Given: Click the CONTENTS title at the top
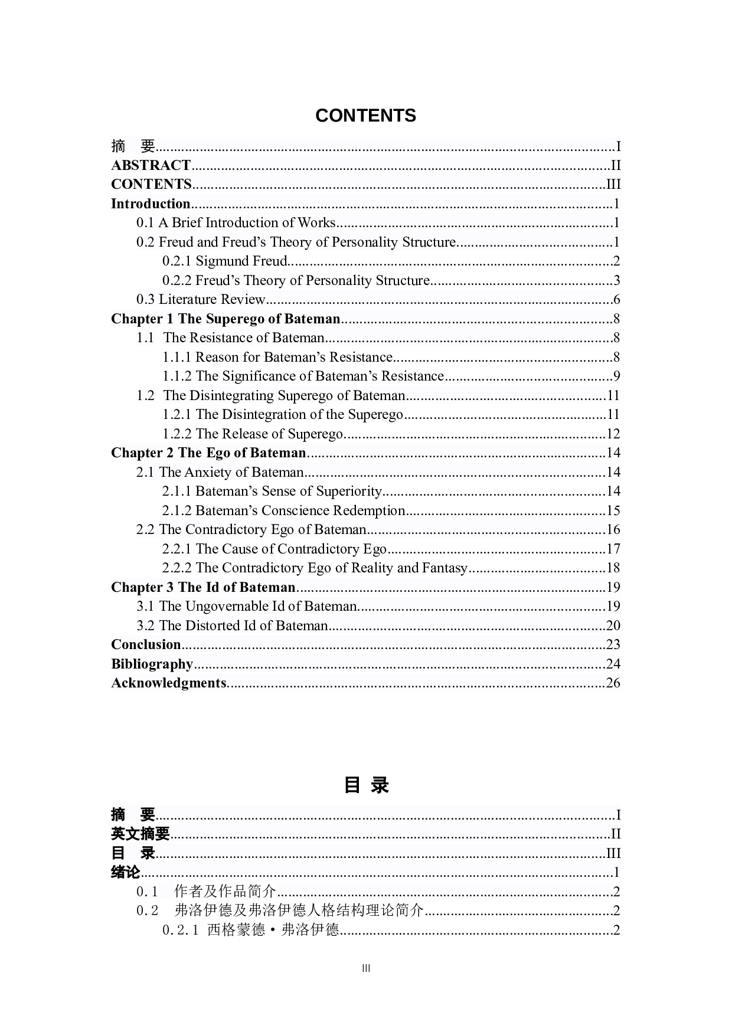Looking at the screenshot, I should click(x=365, y=116).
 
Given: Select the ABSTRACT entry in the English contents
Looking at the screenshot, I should click(x=151, y=165).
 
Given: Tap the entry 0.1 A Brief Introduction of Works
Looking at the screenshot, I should click(x=236, y=222).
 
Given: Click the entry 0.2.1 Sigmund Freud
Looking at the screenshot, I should click(x=225, y=261).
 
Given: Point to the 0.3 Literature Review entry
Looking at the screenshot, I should click(x=201, y=299).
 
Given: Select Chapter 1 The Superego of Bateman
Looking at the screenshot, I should click(x=226, y=319).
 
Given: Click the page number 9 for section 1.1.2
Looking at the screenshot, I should click(x=616, y=376).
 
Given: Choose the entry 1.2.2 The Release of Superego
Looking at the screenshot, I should click(x=253, y=434).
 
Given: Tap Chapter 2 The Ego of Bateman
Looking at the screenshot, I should click(x=208, y=453).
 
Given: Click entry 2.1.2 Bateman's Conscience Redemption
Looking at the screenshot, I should click(x=284, y=510).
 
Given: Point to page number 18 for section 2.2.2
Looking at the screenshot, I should click(x=613, y=568).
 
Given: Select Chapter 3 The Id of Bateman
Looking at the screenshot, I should click(x=203, y=587).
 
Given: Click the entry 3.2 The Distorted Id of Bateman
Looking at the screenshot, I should click(x=232, y=625).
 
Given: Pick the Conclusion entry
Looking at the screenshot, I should click(x=146, y=644).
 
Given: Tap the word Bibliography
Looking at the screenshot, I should click(x=152, y=664).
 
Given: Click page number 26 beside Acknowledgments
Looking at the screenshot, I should click(x=613, y=683).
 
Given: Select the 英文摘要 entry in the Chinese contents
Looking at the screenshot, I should click(x=140, y=834).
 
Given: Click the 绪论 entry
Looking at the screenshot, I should click(x=126, y=872).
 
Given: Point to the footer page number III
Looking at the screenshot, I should click(x=366, y=968).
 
